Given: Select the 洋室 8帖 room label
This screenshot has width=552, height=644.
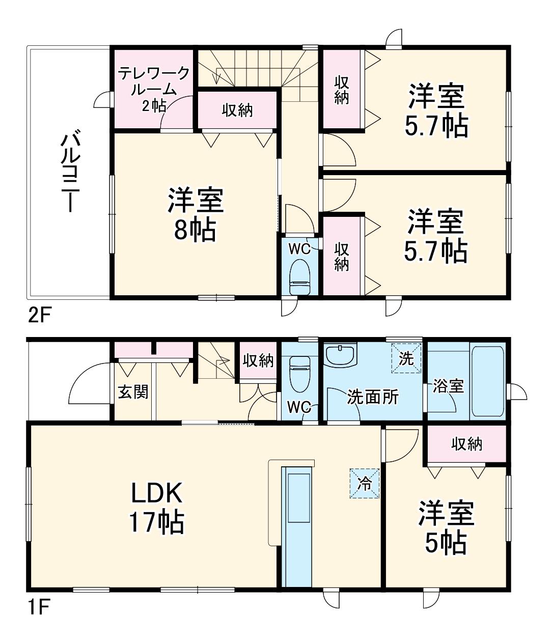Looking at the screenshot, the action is tap(195, 215).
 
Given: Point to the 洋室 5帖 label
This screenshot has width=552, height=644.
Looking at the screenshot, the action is tap(446, 527).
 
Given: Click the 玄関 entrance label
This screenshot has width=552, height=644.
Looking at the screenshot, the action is tap(133, 391).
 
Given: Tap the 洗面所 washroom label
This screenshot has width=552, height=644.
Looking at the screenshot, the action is tap(373, 397).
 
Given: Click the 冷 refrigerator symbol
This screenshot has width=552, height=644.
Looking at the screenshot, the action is tap(365, 484).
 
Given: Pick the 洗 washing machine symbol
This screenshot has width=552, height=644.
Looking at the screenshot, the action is tap(406, 358).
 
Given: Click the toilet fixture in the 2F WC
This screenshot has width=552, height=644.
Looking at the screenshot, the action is tap(300, 277).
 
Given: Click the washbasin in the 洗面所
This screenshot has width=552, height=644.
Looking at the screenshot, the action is tap(340, 355).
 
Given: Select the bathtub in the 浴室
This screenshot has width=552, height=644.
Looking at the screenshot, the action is tap(488, 381).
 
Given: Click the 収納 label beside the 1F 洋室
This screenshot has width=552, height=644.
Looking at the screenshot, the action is tap(466, 444).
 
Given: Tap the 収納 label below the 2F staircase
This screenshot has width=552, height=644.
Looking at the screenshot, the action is tap(237, 110).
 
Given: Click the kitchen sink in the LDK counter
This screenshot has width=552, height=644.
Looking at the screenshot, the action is tap(299, 498).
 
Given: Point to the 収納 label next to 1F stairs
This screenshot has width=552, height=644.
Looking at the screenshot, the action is tap(258, 361).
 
